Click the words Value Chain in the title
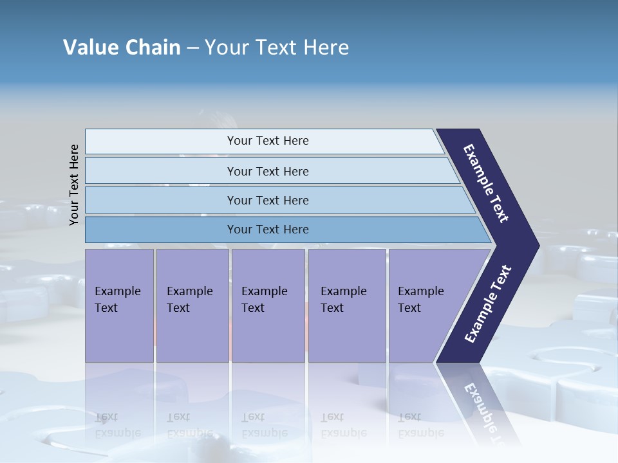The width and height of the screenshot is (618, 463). click(122, 48)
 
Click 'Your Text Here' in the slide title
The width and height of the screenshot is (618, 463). click(277, 48)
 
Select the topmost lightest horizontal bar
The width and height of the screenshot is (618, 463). click(161, 141)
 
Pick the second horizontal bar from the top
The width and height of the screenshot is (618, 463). click(161, 171)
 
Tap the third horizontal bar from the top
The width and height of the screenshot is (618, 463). click(161, 201)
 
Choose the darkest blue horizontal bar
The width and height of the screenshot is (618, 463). click(161, 230)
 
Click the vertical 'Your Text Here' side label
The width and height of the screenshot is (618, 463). click(74, 185)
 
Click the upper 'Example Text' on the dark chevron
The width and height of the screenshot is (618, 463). click(486, 183)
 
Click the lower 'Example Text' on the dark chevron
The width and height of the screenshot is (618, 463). click(487, 304)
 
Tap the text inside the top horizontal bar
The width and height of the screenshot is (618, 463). click(268, 141)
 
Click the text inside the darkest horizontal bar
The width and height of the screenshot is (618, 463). click(268, 230)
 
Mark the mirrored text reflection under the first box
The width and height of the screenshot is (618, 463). click(117, 425)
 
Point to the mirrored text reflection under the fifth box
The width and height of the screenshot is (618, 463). click(420, 425)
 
